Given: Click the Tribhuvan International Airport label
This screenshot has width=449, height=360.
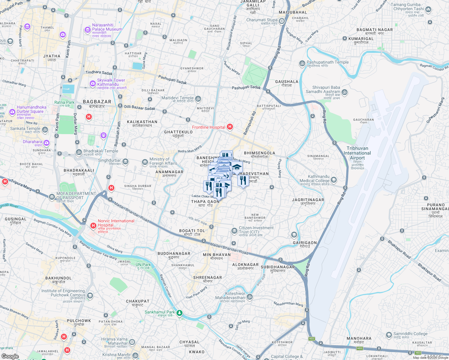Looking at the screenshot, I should pos(357,153).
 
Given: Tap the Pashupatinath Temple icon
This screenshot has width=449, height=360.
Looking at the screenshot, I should pos(302,63).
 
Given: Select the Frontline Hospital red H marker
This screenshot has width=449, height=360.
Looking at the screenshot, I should pos(230,127).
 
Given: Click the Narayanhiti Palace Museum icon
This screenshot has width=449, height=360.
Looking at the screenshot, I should pos(87,29).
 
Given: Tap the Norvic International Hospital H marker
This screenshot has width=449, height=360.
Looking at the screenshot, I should pos(93,225).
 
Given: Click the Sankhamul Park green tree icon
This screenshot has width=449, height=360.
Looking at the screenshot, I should pos(179,313).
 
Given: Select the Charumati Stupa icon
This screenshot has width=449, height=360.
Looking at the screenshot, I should pos(282,21).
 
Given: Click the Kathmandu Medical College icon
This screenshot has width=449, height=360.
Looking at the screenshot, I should pos(333,180).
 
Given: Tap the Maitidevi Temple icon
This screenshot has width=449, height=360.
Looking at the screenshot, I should pos(198,99).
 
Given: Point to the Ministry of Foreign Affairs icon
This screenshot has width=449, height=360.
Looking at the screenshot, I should pos(145,162).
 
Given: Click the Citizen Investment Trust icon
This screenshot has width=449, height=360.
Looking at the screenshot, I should pos(234,230).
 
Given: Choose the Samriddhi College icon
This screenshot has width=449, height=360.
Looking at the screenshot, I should pos(389,334).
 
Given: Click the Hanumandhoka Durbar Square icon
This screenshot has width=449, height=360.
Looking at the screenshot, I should pos(12,112).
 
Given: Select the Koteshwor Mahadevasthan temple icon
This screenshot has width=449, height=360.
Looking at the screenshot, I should pos(250,297).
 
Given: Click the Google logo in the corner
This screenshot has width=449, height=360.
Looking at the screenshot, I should pos(10,356).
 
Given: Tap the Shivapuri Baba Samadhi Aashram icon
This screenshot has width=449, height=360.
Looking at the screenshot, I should pos(345,92).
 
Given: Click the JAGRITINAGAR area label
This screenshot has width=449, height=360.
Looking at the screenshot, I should pos(308,200).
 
